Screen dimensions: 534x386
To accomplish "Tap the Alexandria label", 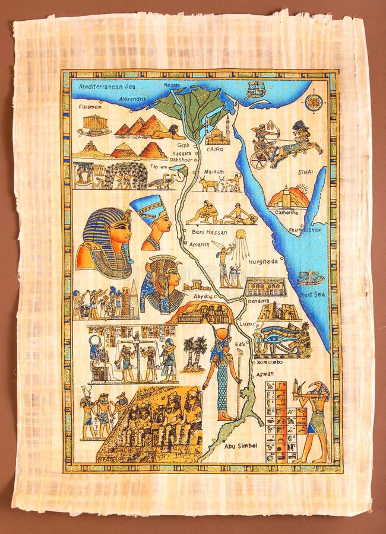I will [132, 98].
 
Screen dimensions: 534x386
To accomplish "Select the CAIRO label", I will [215, 150].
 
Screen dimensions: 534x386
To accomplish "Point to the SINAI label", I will [305, 172].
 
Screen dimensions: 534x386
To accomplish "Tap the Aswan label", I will [264, 374].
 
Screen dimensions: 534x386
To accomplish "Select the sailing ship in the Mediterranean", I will [255, 90].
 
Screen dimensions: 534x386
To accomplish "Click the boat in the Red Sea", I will [311, 278].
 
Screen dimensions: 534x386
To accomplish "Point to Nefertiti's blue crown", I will [147, 208].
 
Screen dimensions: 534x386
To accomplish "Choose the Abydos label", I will [203, 296].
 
